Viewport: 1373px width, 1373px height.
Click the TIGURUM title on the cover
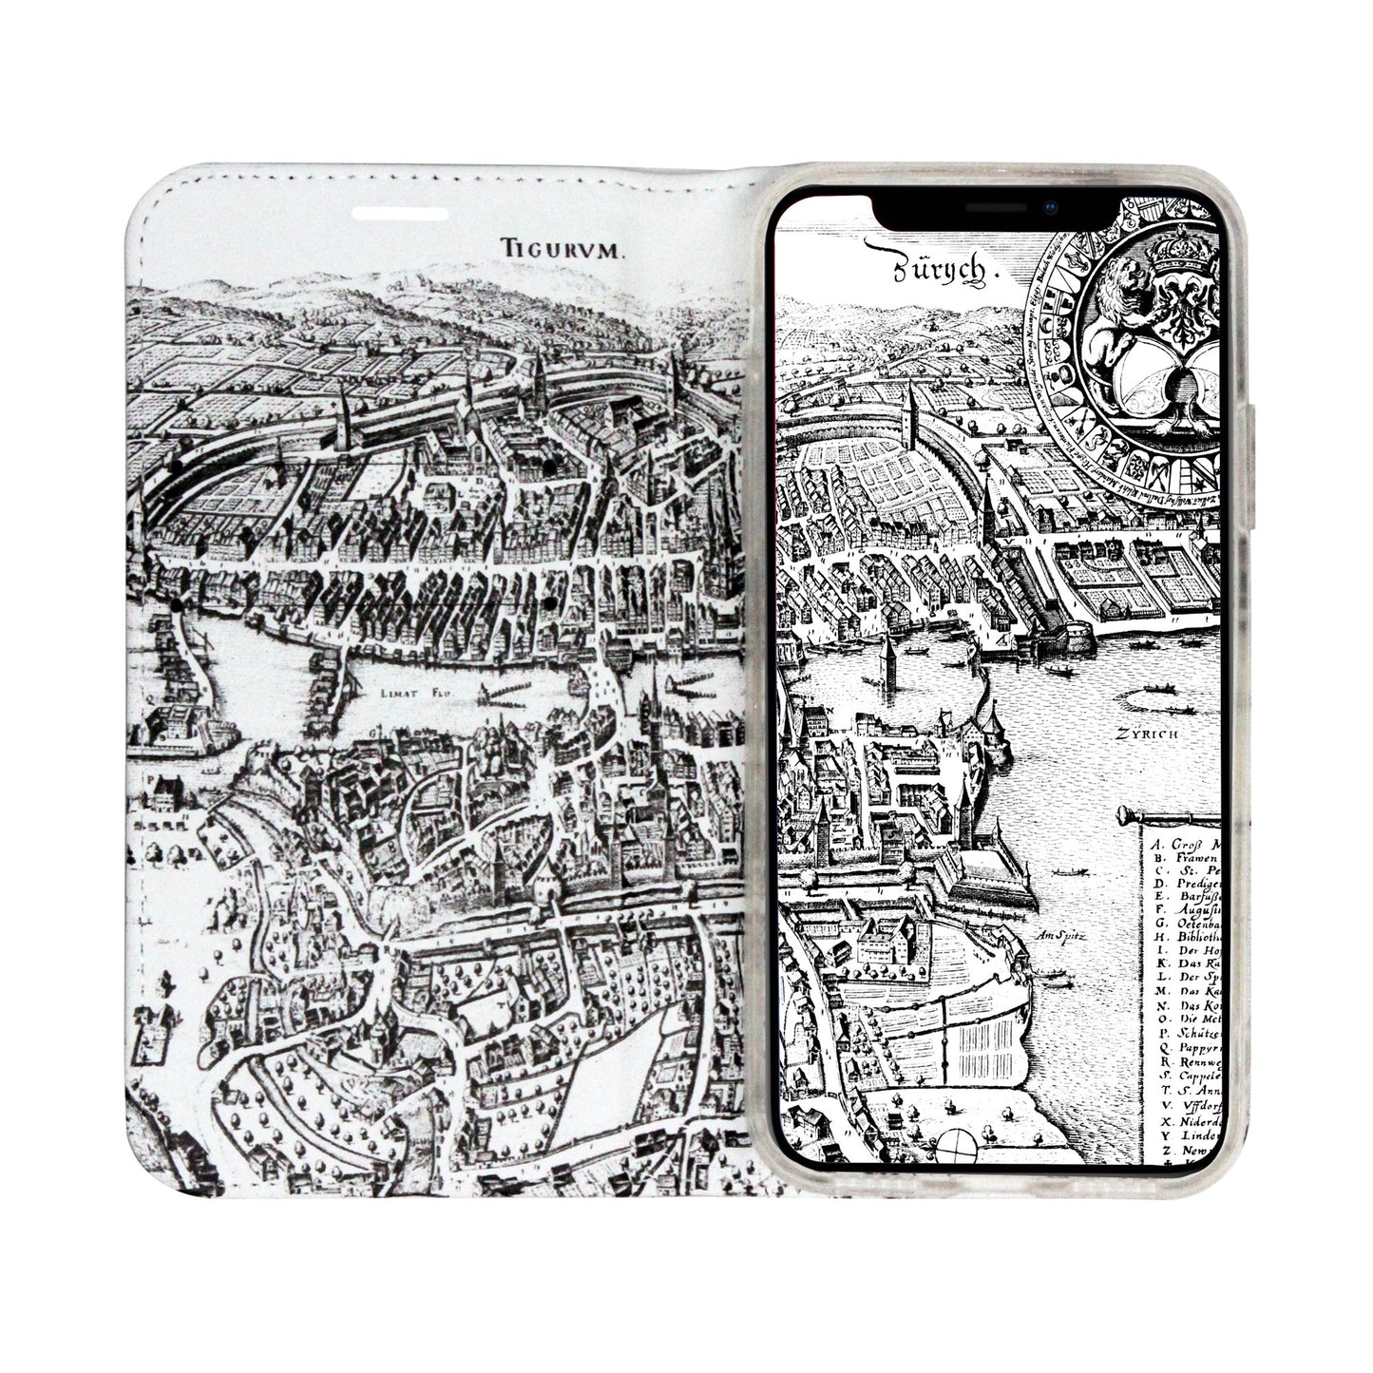563,250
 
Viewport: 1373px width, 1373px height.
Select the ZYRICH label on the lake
1148,734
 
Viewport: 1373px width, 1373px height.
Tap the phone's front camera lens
1049,205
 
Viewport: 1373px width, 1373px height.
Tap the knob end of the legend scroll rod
1125,814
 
